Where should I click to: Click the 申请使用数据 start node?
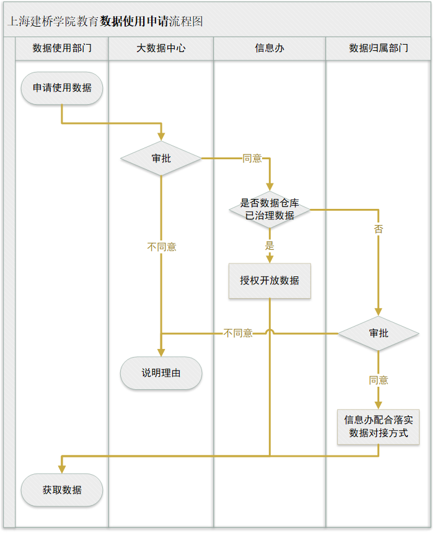62,88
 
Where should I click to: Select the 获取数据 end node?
62,490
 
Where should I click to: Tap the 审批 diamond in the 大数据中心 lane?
161,159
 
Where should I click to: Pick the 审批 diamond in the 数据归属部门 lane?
378,333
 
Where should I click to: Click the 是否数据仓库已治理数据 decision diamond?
270,209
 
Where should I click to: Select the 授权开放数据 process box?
270,281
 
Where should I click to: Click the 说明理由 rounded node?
161,373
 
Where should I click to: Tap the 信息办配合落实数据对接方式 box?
378,426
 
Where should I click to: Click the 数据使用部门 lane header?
62,48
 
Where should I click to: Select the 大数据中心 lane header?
161,48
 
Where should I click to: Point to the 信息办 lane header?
270,48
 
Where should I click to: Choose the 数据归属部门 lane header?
378,48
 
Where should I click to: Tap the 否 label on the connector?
378,229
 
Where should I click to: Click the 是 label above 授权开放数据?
270,245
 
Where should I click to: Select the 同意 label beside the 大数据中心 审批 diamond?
252,159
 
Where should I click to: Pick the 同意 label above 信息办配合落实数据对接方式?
378,380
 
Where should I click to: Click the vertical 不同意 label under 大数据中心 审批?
161,247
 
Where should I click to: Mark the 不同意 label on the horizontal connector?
238,333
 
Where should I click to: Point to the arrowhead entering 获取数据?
62,469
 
